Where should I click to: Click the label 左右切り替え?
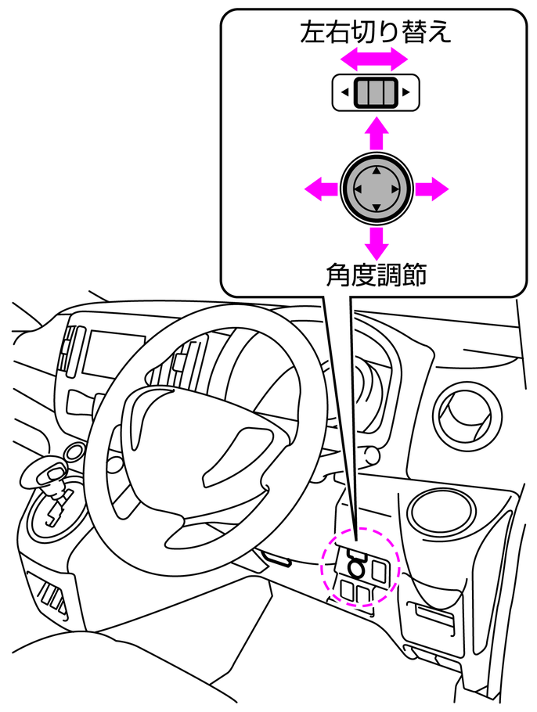coord(376,32)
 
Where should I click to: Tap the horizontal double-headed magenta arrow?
coord(377,58)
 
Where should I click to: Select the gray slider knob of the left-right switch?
coord(376,93)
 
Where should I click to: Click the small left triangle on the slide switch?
coord(344,94)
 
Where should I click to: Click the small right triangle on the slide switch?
coord(407,94)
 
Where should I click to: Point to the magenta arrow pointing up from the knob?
coord(377,132)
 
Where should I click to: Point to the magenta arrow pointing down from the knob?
coord(377,243)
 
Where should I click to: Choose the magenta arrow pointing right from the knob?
coord(432,189)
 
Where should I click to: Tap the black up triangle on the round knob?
coord(377,170)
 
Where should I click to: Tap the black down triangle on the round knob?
coord(377,207)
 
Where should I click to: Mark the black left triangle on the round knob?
coord(357,189)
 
